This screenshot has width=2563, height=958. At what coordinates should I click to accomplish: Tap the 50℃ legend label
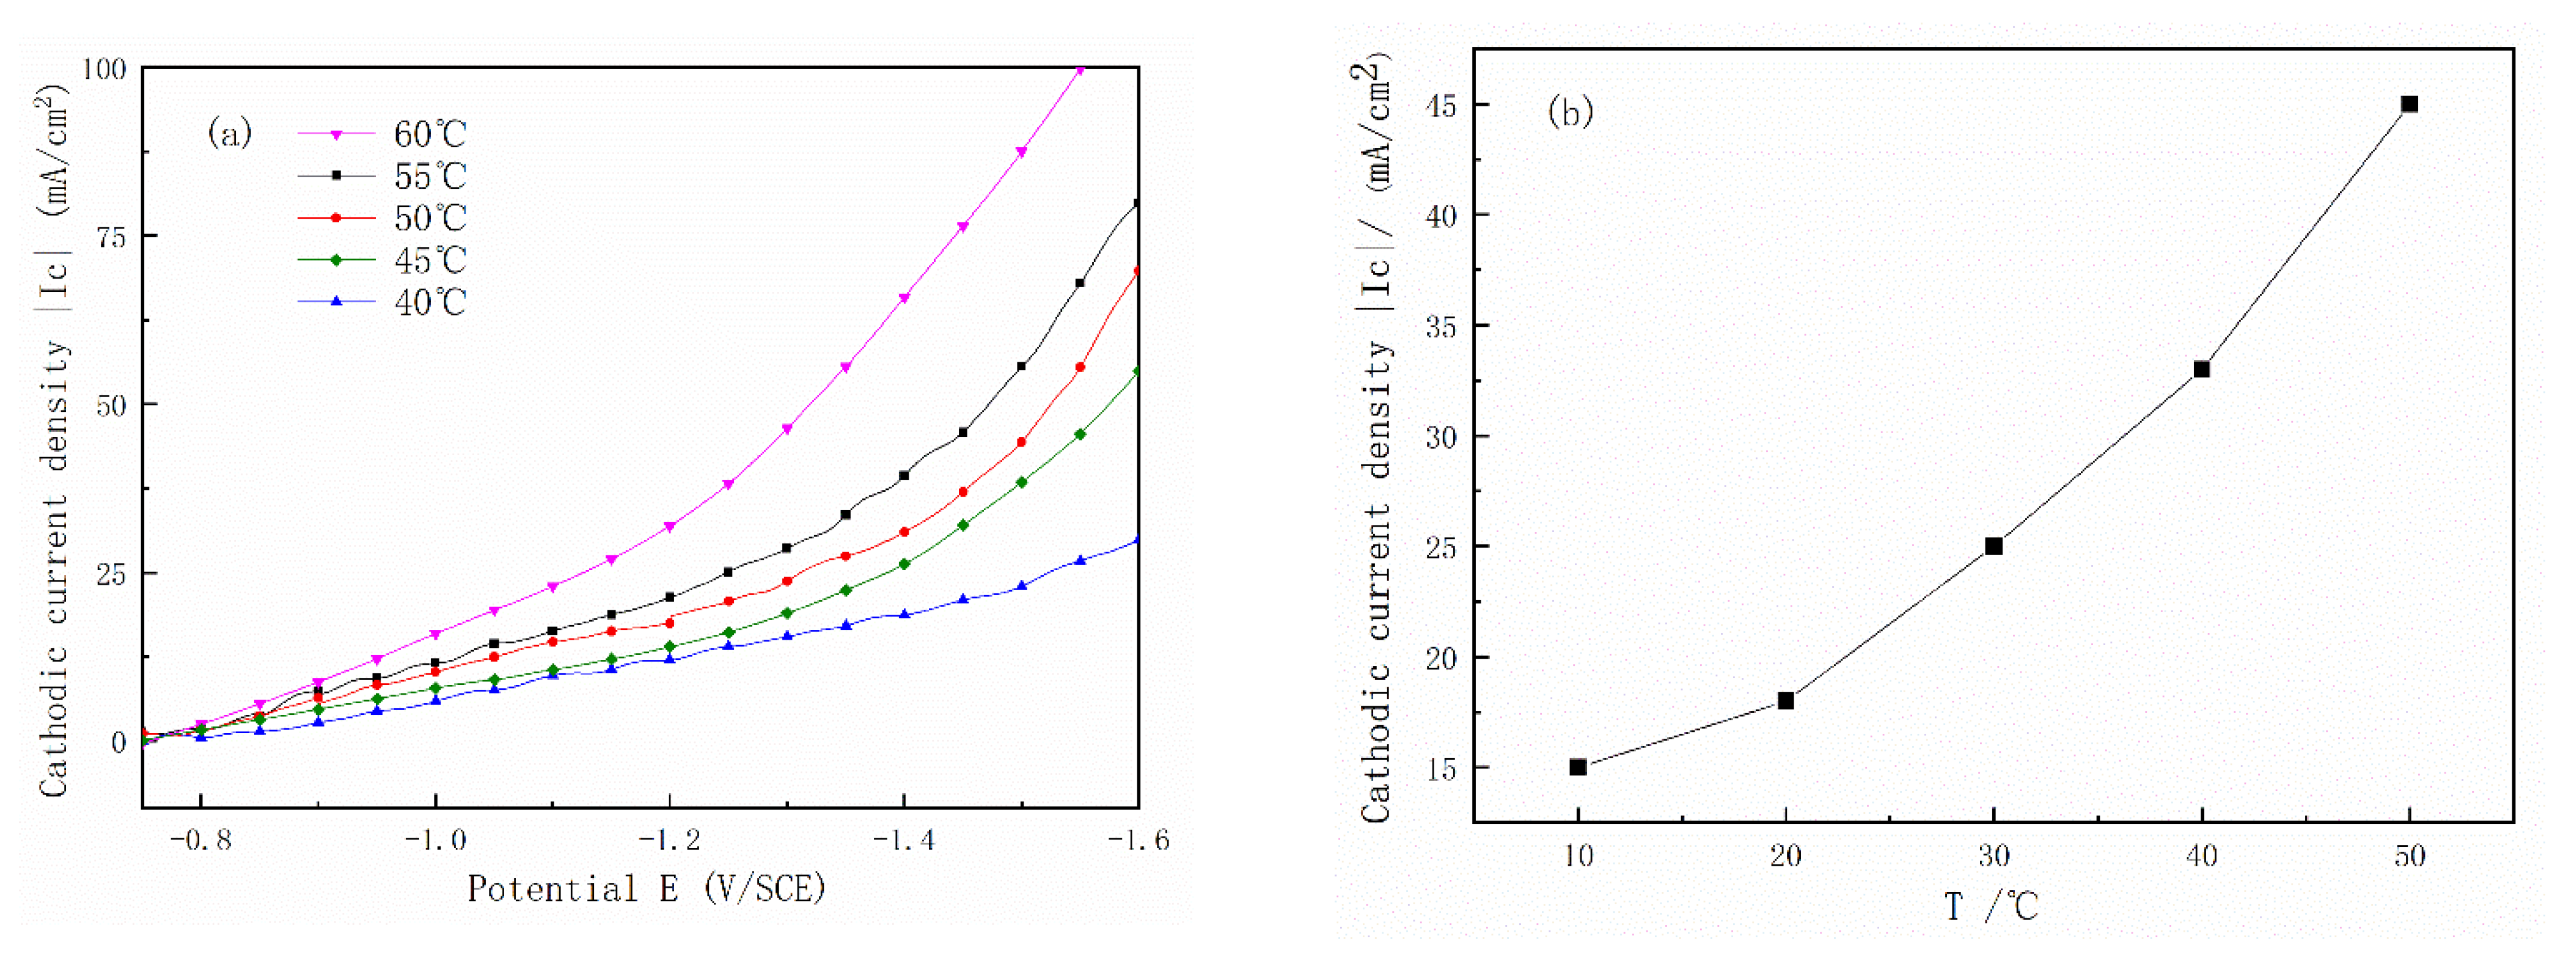[x=430, y=218]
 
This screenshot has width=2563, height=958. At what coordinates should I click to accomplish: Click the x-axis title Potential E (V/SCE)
[x=647, y=888]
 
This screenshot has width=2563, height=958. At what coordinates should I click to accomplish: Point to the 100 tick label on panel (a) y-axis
[x=103, y=68]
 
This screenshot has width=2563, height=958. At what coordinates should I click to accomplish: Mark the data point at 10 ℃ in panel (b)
[x=1578, y=767]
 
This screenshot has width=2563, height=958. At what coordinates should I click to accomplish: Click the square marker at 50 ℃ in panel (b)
[x=2409, y=104]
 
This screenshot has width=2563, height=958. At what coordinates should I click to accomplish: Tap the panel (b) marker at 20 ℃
[x=1786, y=701]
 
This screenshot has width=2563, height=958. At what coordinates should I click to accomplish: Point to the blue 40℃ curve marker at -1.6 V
[x=1137, y=540]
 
